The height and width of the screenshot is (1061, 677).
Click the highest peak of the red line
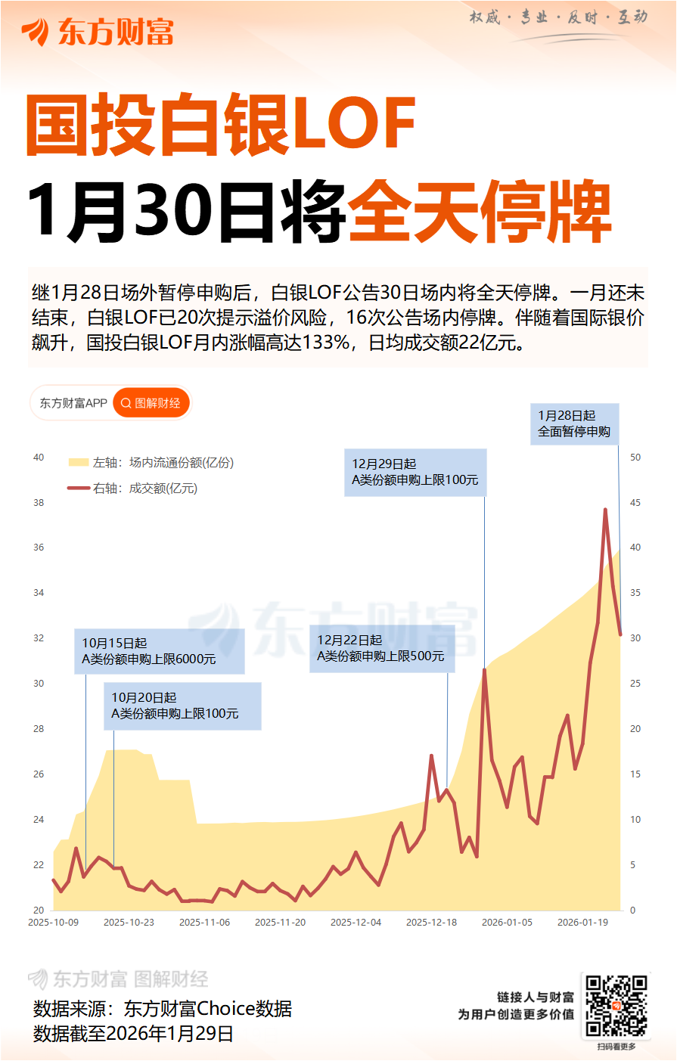pos(605,510)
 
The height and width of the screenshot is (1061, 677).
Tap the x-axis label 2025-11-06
pos(204,923)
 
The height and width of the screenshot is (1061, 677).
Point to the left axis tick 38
pos(39,503)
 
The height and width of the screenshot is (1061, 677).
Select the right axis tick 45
pos(635,503)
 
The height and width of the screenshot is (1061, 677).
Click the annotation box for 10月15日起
pos(159,651)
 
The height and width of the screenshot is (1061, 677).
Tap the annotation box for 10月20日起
pos(182,706)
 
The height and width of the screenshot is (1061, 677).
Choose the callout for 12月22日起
pos(381,649)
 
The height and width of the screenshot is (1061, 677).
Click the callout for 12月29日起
pos(415,473)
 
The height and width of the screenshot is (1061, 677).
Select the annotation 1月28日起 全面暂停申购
pos(574,424)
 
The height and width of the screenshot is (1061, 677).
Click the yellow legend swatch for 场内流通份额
pos(79,463)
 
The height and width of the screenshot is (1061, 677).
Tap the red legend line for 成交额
pos(79,489)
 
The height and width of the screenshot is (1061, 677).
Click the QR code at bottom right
pos(616,1006)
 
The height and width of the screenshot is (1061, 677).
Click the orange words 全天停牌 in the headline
pos(480,213)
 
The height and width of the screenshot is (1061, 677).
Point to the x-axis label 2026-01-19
pos(582,923)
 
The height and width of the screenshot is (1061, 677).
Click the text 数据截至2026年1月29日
pos(133,1034)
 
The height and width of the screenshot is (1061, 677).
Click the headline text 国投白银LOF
pos(221,125)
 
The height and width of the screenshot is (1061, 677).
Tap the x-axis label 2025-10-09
pos(53,923)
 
